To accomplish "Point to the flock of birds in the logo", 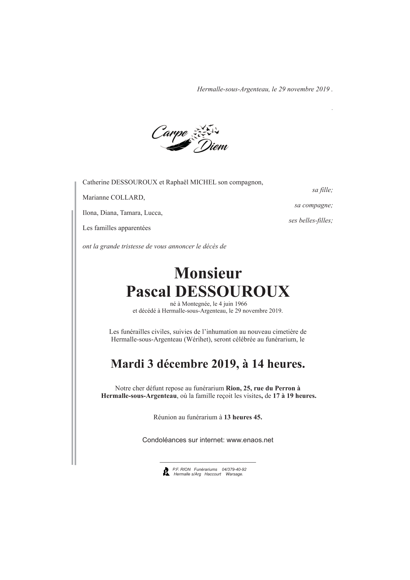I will pyautogui.click(x=205, y=131).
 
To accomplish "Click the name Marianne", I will pyautogui.click(x=95, y=198).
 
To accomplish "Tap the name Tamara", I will pyautogui.click(x=130, y=213).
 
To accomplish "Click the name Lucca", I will pyautogui.click(x=153, y=213).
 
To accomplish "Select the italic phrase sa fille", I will pyautogui.click(x=322, y=190).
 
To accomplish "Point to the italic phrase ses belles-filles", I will pyautogui.click(x=311, y=221).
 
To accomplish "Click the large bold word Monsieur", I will pyautogui.click(x=208, y=273).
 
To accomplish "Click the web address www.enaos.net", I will pyautogui.click(x=250, y=440).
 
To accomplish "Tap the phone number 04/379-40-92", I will pyautogui.click(x=234, y=469).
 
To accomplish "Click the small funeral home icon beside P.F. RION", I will pyautogui.click(x=166, y=471).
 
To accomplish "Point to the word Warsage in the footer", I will pyautogui.click(x=234, y=474).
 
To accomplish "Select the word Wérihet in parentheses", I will pyautogui.click(x=197, y=339).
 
